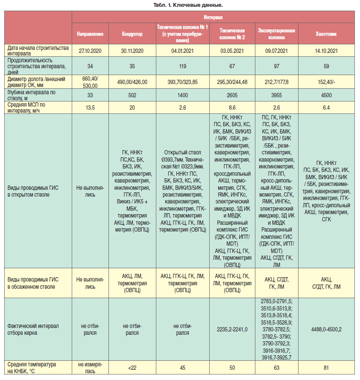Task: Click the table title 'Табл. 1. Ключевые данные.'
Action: point(188,5)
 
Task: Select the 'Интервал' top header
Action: point(213,17)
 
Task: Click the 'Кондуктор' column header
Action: point(132,34)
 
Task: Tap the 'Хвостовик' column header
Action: point(326,34)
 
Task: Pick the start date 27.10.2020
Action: point(90,51)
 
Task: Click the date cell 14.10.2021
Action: point(326,51)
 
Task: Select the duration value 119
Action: point(183,66)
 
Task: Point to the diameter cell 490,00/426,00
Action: point(132,82)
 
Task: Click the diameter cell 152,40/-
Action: point(326,82)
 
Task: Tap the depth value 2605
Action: point(232,95)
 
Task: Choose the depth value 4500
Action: point(326,95)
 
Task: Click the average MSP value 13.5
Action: point(90,107)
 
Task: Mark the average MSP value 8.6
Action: point(232,107)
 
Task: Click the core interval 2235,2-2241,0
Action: point(232,329)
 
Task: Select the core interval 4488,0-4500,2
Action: point(326,329)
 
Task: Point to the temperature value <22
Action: point(132,368)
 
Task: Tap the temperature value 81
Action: point(326,368)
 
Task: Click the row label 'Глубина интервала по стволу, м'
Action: point(32,95)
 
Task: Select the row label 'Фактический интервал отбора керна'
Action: point(33,329)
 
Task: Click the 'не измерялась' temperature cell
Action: point(90,368)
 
